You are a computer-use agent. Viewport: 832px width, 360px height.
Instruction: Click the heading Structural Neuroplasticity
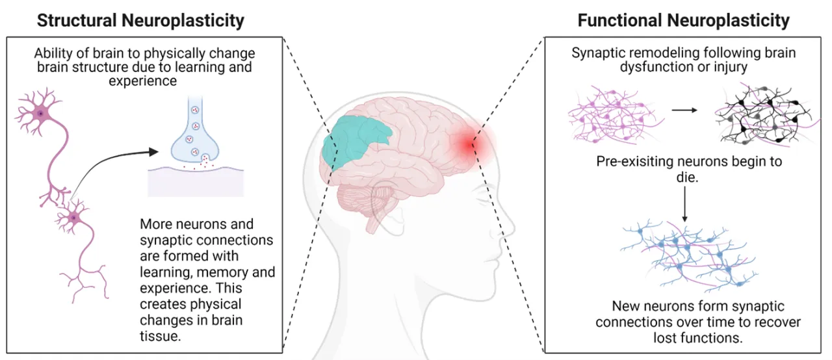140,20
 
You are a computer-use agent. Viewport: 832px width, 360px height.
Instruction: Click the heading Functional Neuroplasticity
683,20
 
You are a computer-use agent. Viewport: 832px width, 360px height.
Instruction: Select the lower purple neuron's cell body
73,216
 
